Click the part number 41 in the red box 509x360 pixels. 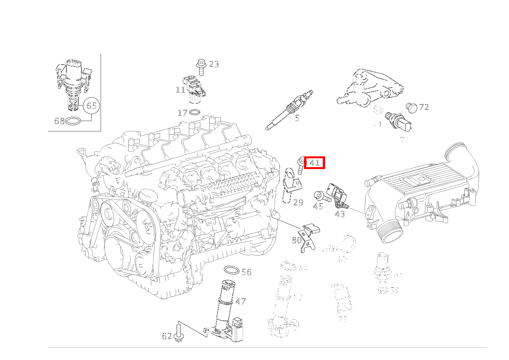click(315, 163)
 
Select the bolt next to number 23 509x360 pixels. click(201, 66)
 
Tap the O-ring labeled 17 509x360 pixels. click(195, 113)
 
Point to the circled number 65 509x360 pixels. click(91, 105)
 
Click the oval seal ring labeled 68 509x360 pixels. click(74, 121)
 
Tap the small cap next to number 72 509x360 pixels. click(411, 108)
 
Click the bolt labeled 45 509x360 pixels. click(322, 197)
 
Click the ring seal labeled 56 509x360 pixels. click(231, 270)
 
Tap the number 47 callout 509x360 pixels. click(241, 302)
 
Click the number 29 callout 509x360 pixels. click(298, 202)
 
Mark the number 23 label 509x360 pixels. click(214, 64)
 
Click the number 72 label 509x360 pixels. click(424, 107)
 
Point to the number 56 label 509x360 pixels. click(246, 272)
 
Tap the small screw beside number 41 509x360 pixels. click(301, 165)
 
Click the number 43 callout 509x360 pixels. click(340, 214)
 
